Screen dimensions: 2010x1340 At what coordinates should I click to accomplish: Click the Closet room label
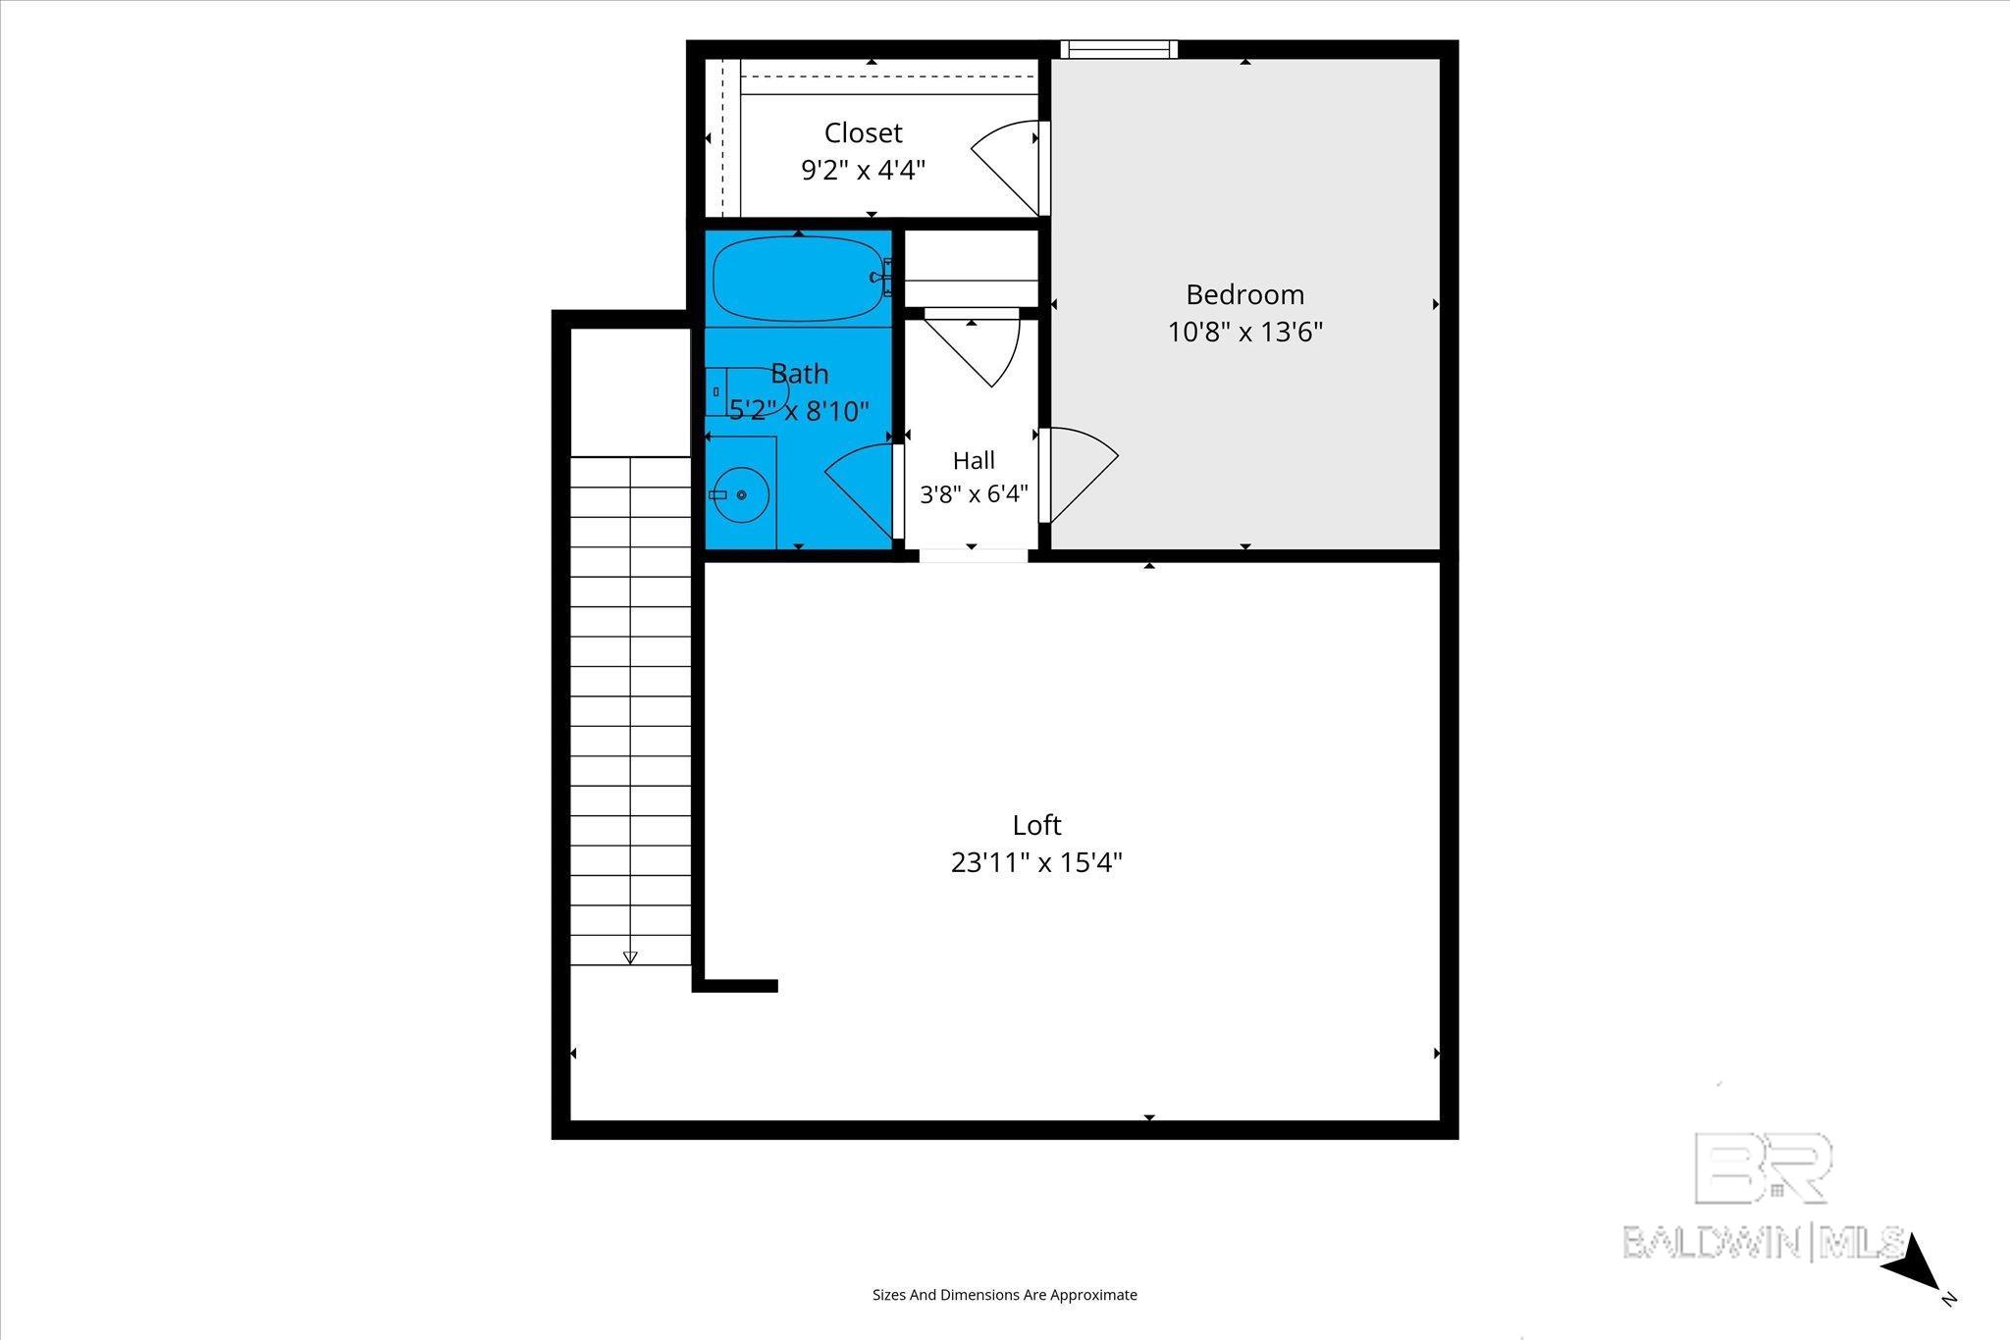point(863,132)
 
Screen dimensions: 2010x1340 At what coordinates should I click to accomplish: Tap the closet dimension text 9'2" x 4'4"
point(864,171)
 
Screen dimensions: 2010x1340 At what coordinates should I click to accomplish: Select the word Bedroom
point(1244,294)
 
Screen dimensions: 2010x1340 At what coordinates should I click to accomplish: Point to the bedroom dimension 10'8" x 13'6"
point(1244,332)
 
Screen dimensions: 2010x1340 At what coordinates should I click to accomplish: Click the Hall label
point(974,460)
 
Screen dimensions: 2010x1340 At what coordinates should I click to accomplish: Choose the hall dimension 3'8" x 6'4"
point(974,493)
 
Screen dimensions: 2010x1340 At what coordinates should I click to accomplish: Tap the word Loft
point(1037,825)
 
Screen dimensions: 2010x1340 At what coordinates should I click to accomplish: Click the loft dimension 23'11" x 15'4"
point(1036,862)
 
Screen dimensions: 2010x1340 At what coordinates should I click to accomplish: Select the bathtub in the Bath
point(801,279)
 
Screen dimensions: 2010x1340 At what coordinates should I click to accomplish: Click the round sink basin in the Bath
point(741,495)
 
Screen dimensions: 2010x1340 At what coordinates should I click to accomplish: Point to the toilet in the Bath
point(747,391)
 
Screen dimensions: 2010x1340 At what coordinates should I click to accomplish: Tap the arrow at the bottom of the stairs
point(630,956)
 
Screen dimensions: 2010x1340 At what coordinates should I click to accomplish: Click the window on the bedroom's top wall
point(1118,49)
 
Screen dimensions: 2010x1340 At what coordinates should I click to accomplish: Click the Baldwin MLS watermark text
point(1763,1242)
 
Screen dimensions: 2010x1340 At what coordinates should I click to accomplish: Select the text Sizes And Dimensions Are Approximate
point(1005,1295)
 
